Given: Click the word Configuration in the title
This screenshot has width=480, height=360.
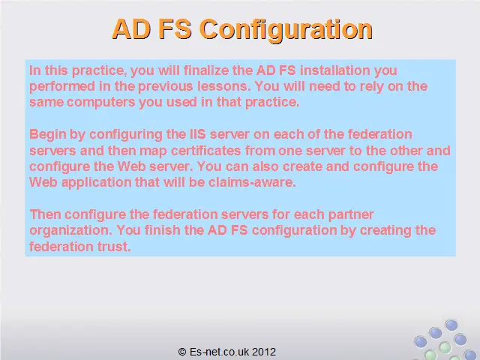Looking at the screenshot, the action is [286, 30].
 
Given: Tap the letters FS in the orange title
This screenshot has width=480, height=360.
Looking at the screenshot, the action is [175, 29].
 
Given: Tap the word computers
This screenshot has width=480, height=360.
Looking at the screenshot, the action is [101, 103].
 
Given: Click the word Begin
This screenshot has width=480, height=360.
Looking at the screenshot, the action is [47, 135].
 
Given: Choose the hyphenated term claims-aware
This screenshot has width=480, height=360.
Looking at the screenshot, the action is [252, 182].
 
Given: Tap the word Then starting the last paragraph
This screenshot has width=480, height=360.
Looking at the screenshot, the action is [45, 214].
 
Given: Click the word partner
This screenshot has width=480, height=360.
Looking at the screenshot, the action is [351, 215].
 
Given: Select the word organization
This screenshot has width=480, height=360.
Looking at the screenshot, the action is [70, 230].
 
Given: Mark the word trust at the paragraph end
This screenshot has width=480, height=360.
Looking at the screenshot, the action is [114, 247].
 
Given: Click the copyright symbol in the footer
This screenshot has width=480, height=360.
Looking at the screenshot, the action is [182, 352].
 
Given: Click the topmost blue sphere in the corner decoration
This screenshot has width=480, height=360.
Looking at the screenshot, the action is [451, 325].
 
